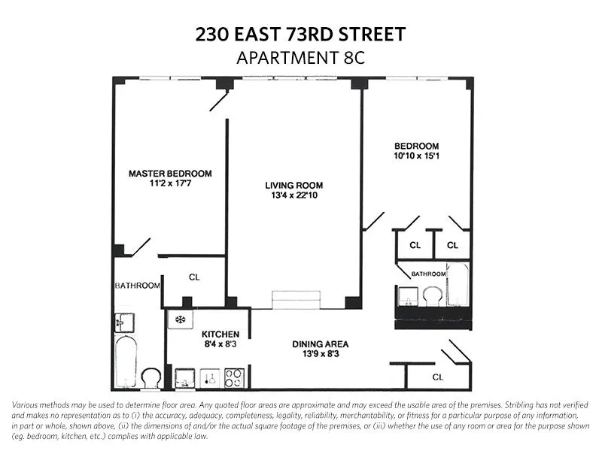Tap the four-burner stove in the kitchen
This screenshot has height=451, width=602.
click(x=234, y=377)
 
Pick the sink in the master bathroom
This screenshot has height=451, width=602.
click(x=124, y=322)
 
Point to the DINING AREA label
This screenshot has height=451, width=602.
click(x=321, y=345)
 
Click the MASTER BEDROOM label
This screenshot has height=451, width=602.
click(x=170, y=173)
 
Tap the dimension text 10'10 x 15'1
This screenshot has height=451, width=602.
click(x=417, y=156)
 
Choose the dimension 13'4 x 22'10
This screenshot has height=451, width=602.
click(x=293, y=196)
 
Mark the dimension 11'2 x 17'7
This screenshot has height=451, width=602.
click(x=170, y=183)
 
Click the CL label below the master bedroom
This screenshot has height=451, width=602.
click(x=194, y=277)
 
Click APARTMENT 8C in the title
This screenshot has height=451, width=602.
click(x=300, y=58)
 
